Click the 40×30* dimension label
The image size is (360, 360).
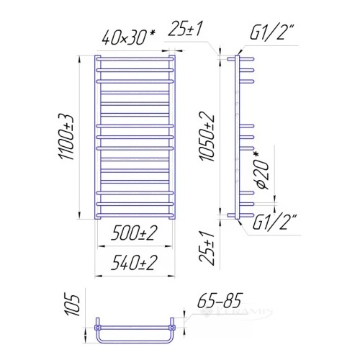coord(128,37)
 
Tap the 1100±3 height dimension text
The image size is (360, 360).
coord(66,137)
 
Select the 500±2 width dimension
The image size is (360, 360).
coord(134,233)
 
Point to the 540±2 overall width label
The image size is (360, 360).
coord(134,263)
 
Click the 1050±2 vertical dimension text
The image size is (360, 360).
coord(206,136)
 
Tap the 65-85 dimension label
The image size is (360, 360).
coord(220,300)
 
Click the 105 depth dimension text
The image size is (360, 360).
coord(72,305)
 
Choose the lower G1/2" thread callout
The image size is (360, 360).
coord(274,222)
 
